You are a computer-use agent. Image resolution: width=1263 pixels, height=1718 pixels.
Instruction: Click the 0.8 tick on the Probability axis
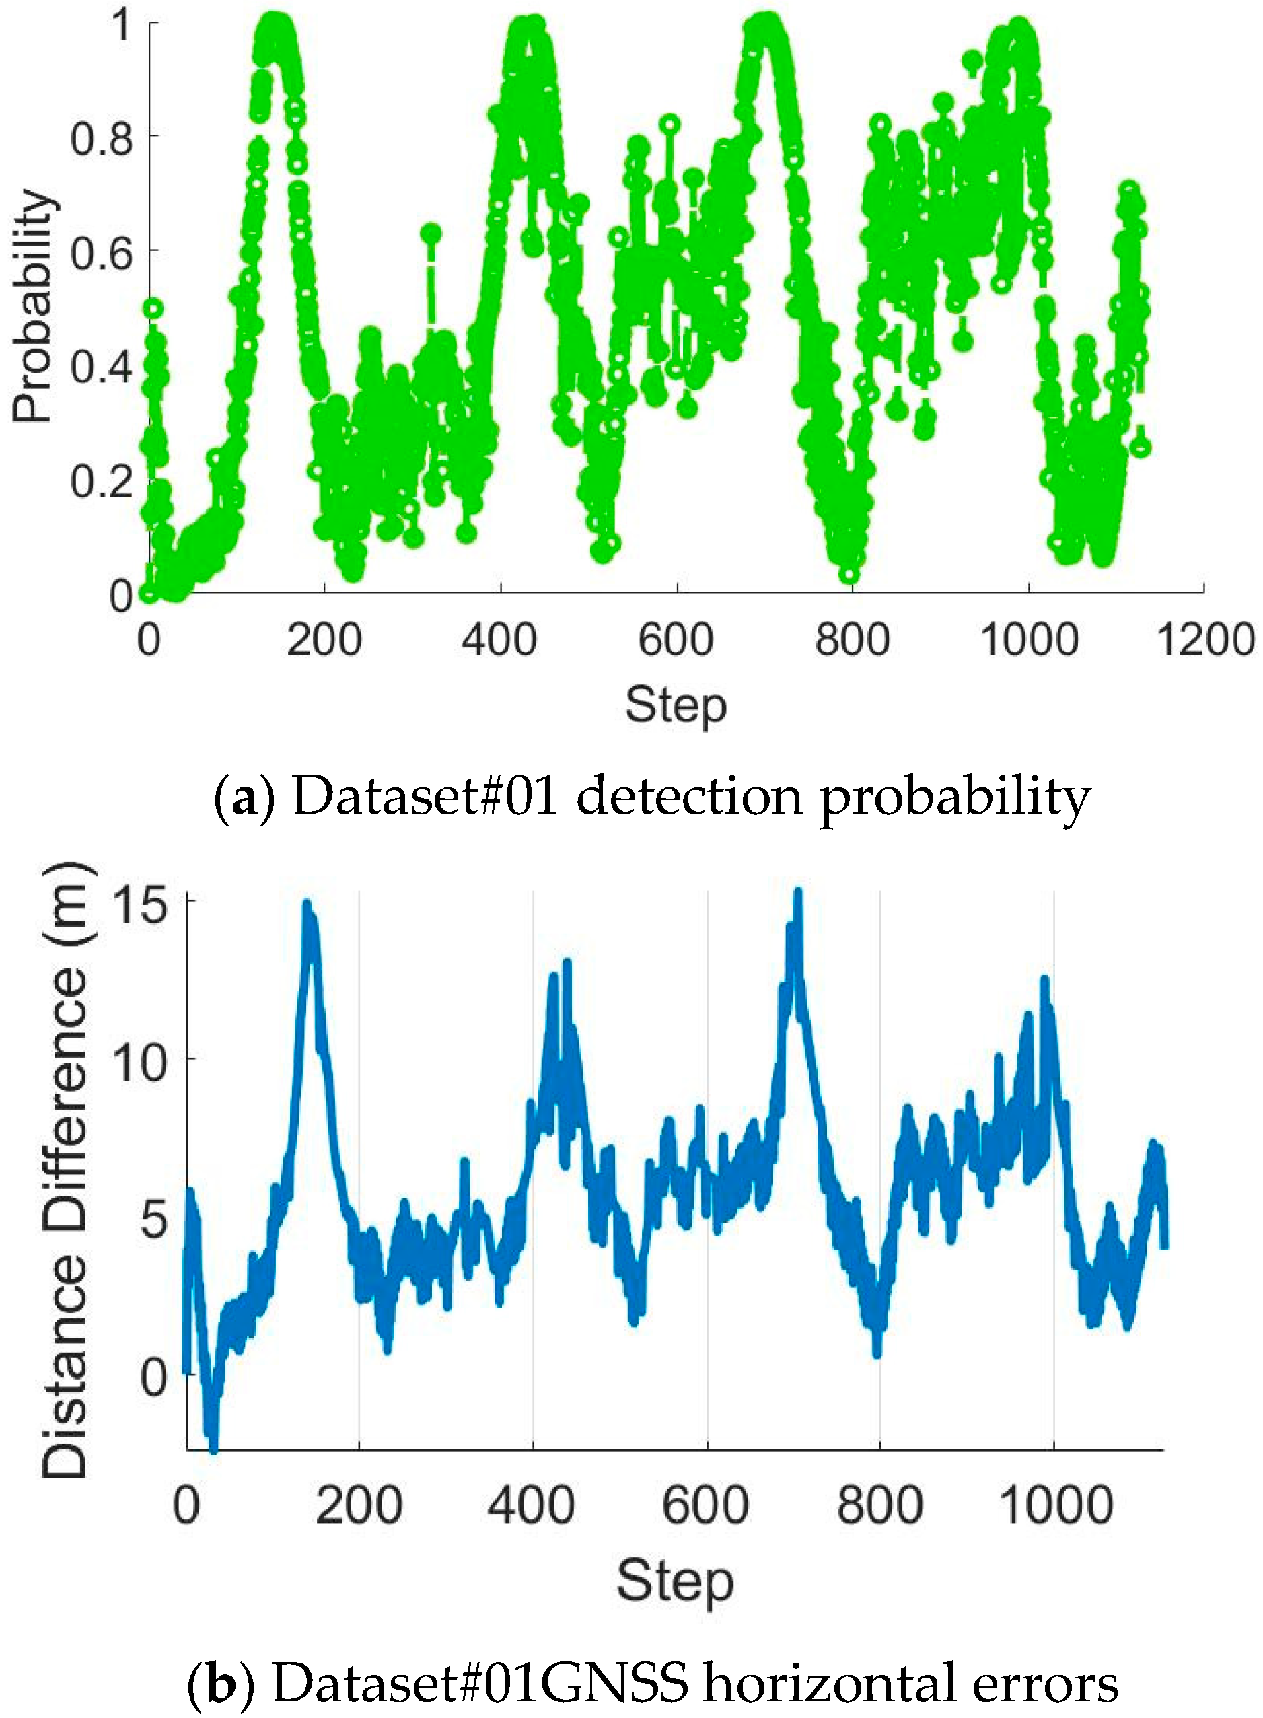[x=102, y=139]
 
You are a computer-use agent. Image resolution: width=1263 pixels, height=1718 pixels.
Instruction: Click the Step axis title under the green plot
[x=676, y=706]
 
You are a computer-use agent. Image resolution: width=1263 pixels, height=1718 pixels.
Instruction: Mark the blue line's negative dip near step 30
[x=213, y=1446]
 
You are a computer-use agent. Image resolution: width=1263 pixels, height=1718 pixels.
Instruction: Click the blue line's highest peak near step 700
[x=797, y=893]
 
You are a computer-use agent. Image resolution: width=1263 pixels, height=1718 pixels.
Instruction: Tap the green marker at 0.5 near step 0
[x=153, y=309]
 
